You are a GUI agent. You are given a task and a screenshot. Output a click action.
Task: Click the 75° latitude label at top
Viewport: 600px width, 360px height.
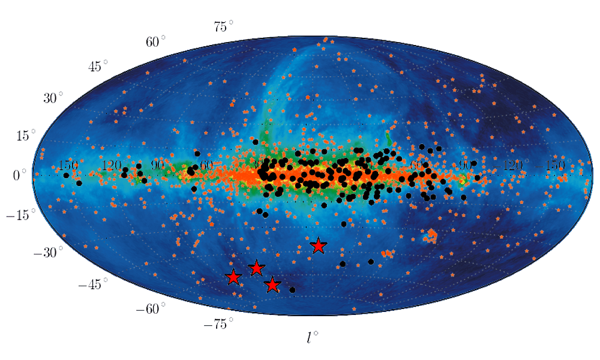[x=223, y=26]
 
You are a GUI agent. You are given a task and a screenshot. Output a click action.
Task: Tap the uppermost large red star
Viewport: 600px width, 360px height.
[x=318, y=246]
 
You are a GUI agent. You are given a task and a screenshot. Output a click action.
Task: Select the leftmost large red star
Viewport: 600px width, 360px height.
[x=233, y=277]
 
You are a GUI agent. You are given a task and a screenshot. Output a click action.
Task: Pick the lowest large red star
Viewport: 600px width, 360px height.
[x=272, y=285]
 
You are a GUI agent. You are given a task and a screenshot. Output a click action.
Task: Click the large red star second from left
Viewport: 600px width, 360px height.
[x=256, y=268]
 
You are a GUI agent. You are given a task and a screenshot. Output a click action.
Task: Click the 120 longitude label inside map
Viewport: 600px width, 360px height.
[x=112, y=164]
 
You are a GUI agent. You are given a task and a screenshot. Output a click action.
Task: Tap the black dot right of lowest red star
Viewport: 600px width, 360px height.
[x=292, y=290]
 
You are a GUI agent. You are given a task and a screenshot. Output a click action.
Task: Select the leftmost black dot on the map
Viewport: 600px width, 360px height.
[x=66, y=175]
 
